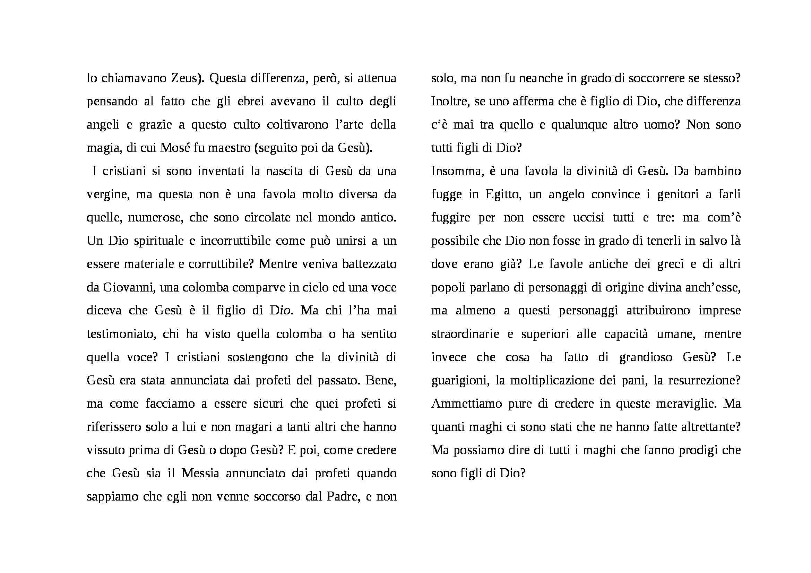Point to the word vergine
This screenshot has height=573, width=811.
pyautogui.click(x=108, y=194)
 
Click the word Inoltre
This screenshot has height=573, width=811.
pyautogui.click(x=449, y=101)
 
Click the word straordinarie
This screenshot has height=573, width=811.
pyautogui.click(x=465, y=334)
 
